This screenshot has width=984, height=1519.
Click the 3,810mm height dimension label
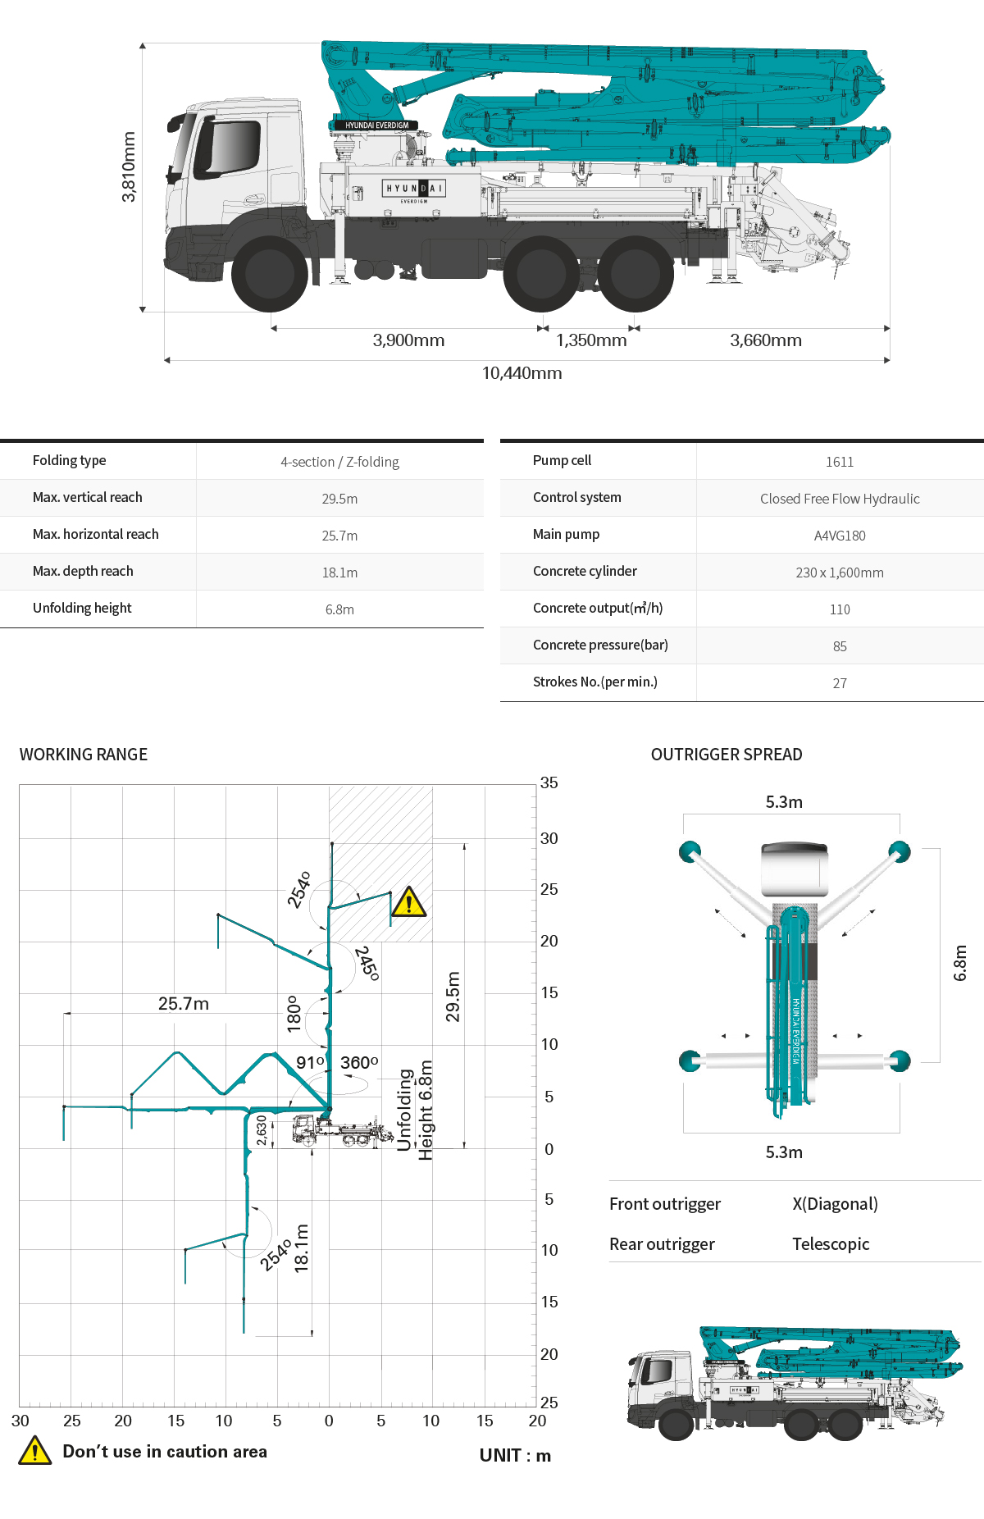click(129, 166)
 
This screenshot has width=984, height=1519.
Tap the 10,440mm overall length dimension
click(522, 373)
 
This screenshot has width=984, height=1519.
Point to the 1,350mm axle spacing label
click(591, 340)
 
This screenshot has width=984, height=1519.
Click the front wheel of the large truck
click(270, 275)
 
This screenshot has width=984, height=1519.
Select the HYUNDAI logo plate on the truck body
click(414, 189)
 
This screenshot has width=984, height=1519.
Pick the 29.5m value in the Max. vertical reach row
click(339, 499)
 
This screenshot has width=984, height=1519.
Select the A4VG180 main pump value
click(840, 536)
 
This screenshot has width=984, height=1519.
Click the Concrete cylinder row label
click(585, 571)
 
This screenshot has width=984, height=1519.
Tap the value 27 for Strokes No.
click(840, 683)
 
